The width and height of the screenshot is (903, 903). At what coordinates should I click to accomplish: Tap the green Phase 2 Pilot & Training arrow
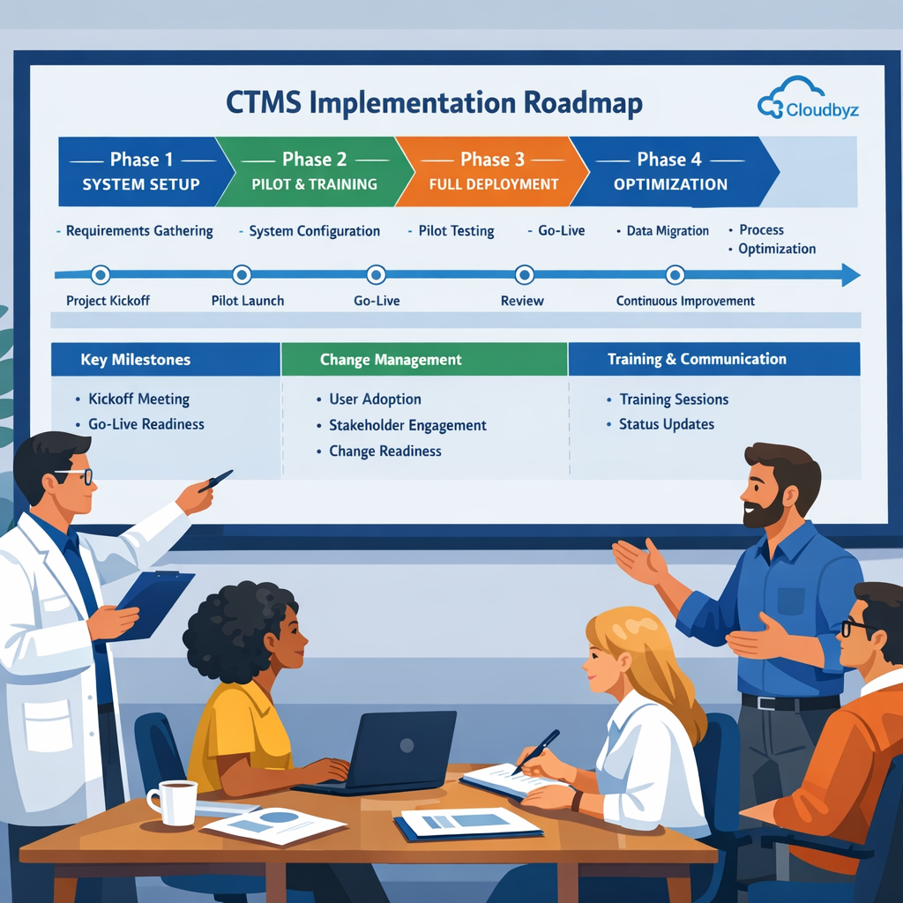(x=313, y=171)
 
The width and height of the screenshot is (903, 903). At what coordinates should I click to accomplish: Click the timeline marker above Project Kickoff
(x=101, y=275)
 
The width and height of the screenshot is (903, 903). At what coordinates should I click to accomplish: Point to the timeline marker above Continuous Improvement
(x=675, y=275)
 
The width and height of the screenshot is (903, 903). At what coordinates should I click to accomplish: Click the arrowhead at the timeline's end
(x=850, y=275)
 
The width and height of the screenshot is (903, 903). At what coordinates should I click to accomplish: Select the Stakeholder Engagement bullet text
(x=407, y=425)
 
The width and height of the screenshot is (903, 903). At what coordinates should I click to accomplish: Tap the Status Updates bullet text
(x=667, y=424)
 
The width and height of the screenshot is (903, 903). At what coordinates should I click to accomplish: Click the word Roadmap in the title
(x=583, y=103)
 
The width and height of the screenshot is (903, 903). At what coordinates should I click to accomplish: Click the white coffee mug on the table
(x=175, y=801)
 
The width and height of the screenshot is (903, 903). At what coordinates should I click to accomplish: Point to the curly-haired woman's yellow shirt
(x=238, y=732)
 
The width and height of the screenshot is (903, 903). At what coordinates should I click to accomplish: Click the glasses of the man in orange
(x=853, y=627)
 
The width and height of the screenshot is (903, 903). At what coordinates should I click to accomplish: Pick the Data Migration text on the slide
(x=668, y=231)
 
